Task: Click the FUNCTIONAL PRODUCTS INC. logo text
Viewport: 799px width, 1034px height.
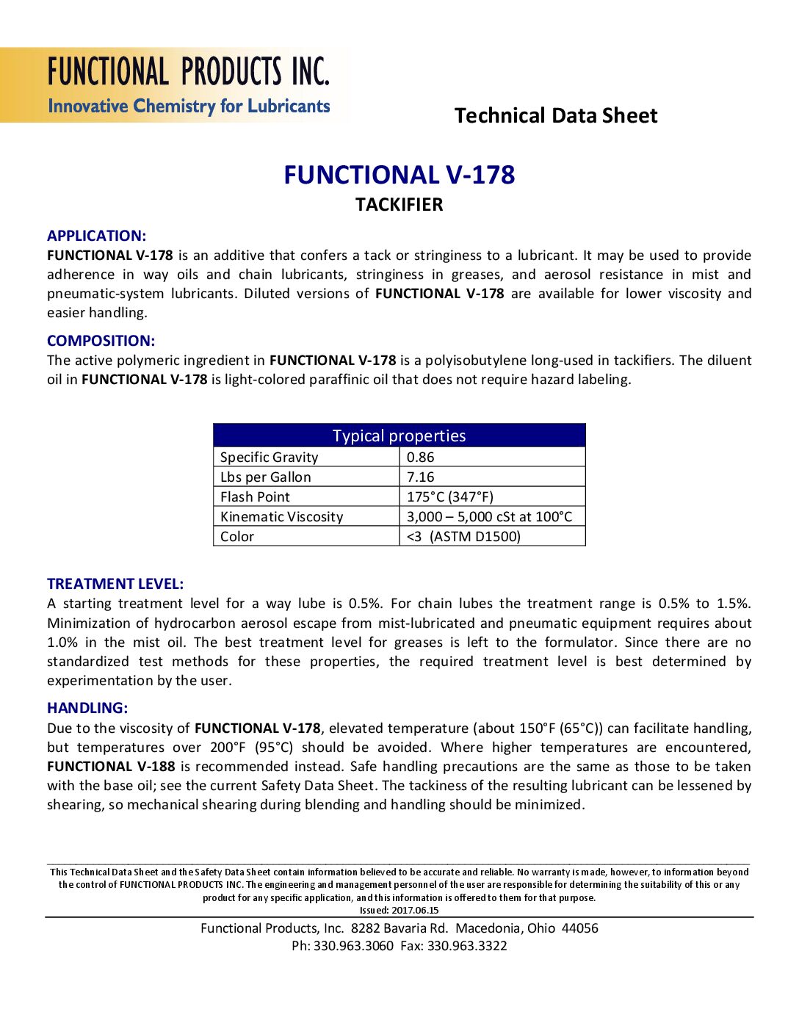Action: pos(189,72)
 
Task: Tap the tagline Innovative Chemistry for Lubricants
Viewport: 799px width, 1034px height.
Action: pos(189,106)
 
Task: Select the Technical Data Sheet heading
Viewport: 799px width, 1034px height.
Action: pos(556,116)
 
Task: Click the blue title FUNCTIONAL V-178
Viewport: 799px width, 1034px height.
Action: pos(399,175)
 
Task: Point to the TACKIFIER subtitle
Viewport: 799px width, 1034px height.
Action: pos(399,205)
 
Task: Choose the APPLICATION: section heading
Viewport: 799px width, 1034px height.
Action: pos(96,236)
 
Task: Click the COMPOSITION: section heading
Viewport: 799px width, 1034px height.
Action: pos(101,341)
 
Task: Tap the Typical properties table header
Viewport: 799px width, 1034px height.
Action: pos(399,435)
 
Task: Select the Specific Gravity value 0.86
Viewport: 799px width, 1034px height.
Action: pos(421,457)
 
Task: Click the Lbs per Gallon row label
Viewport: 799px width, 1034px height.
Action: pos(266,477)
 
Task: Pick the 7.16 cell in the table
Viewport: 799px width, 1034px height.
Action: pos(421,477)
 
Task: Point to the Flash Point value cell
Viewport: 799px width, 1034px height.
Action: pos(450,496)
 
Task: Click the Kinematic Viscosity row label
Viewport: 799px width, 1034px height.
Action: pos(281,516)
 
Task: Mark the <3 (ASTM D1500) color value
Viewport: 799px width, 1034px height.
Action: pos(463,536)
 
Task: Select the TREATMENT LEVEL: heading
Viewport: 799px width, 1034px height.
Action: pos(115,584)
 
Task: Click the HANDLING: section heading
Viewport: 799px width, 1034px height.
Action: pos(87,708)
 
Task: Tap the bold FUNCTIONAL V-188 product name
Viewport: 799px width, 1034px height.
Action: pos(111,766)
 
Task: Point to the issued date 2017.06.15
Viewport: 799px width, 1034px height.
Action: pos(415,910)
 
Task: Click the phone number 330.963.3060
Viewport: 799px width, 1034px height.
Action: pos(353,946)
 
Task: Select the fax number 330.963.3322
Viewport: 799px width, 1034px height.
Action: pos(467,946)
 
